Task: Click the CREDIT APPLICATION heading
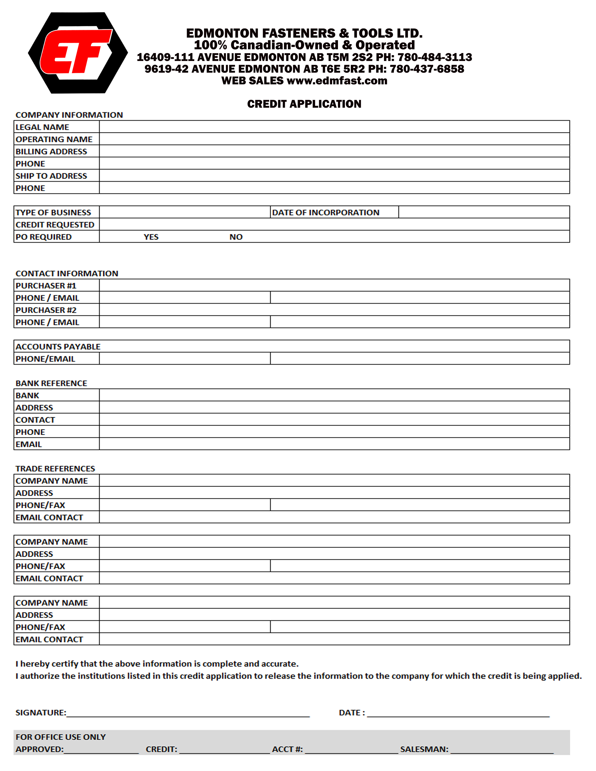tap(304, 104)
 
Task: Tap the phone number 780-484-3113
tap(435, 57)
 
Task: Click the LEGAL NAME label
tap(42, 127)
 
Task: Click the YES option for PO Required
tap(151, 237)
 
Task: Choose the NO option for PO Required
tap(236, 237)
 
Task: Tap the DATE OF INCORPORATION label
tap(326, 213)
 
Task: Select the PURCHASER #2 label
tap(46, 310)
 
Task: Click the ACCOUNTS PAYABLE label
tap(58, 347)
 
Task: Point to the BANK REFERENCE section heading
tap(51, 383)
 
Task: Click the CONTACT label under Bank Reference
tap(35, 420)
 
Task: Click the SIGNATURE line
tap(188, 714)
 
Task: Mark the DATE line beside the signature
tap(458, 714)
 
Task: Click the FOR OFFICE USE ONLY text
tap(60, 737)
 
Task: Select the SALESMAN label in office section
tap(424, 749)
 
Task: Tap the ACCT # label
tap(287, 749)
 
